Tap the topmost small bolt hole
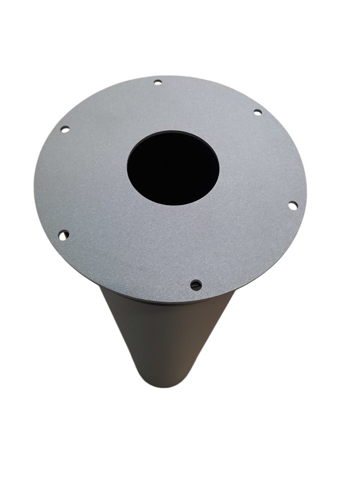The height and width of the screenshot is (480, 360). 158,82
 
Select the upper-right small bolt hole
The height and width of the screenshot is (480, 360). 257,112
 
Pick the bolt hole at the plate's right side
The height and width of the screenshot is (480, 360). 292,205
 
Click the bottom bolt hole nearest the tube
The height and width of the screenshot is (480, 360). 196,284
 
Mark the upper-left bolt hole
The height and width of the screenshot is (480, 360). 65,129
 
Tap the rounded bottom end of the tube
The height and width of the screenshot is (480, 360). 165,384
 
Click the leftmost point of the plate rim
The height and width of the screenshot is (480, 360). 34,180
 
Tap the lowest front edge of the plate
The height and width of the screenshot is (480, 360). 174,302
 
